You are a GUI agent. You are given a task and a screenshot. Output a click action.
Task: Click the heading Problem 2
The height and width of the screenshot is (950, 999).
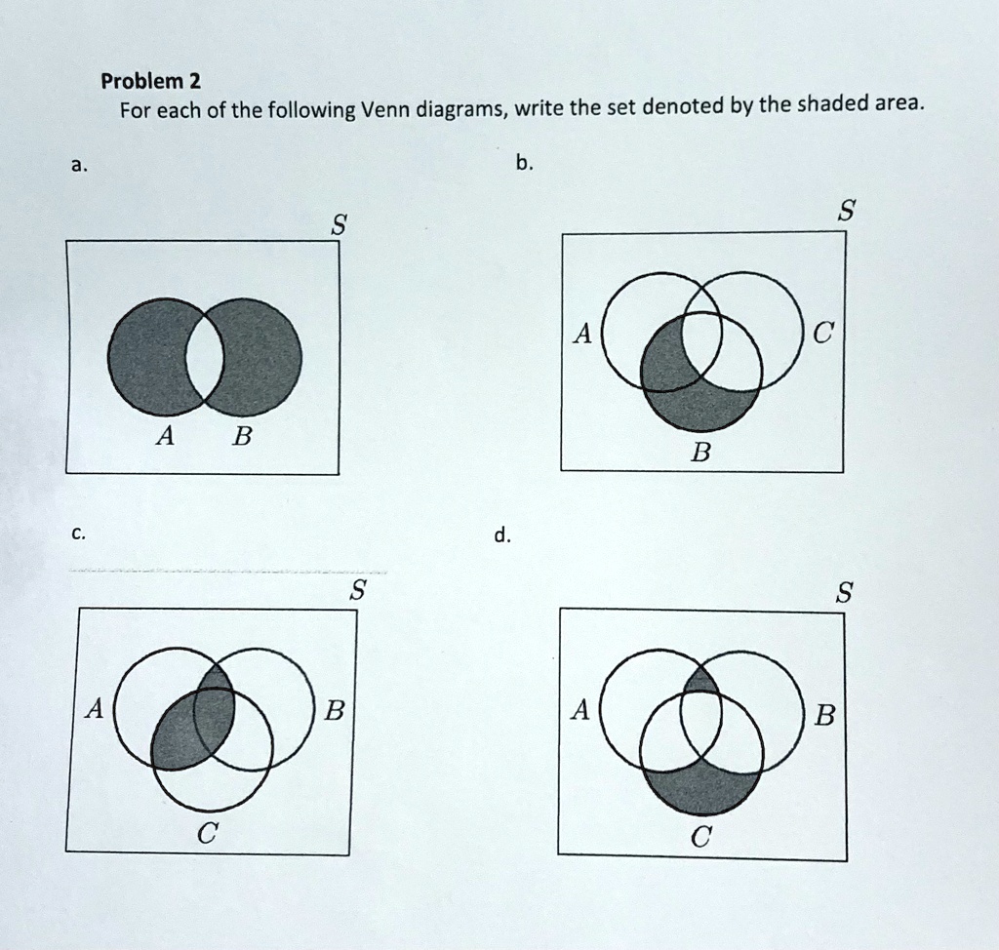(149, 80)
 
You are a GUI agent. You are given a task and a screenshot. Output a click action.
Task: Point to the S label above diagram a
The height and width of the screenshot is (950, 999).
(338, 226)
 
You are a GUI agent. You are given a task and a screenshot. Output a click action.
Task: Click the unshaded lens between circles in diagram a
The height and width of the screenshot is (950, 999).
(204, 357)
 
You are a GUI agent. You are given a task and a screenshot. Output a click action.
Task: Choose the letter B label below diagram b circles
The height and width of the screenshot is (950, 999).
(699, 452)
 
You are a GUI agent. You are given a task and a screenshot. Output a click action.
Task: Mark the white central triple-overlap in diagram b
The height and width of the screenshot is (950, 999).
(700, 339)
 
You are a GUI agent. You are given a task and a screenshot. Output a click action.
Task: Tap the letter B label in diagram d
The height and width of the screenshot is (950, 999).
(823, 718)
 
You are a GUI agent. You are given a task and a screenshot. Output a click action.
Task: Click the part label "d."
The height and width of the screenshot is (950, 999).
(501, 534)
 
